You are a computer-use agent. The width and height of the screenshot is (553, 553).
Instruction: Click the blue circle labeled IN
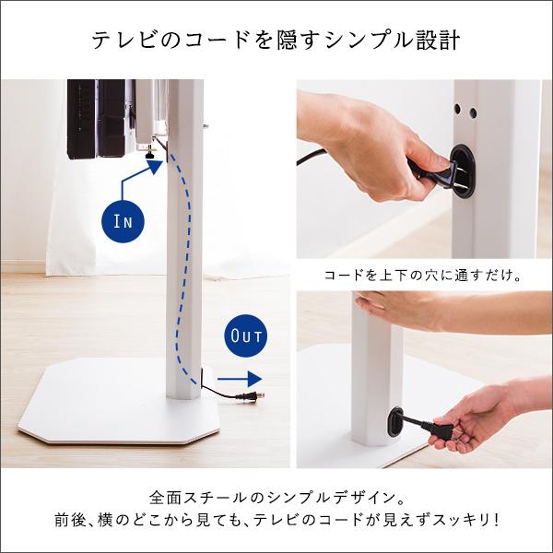[124, 220]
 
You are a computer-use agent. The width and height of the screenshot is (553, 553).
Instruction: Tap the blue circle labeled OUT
[246, 333]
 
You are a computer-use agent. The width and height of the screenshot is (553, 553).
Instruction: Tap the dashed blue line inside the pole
[187, 258]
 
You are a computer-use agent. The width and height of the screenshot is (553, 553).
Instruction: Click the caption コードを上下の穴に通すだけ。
[425, 275]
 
